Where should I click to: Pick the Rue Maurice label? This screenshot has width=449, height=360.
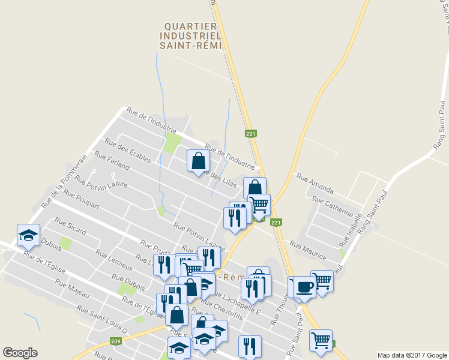(308, 251)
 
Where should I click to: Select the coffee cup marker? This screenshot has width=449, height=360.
(304, 286)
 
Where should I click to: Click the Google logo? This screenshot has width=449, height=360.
(20, 353)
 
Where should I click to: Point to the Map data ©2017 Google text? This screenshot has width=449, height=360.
(412, 355)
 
